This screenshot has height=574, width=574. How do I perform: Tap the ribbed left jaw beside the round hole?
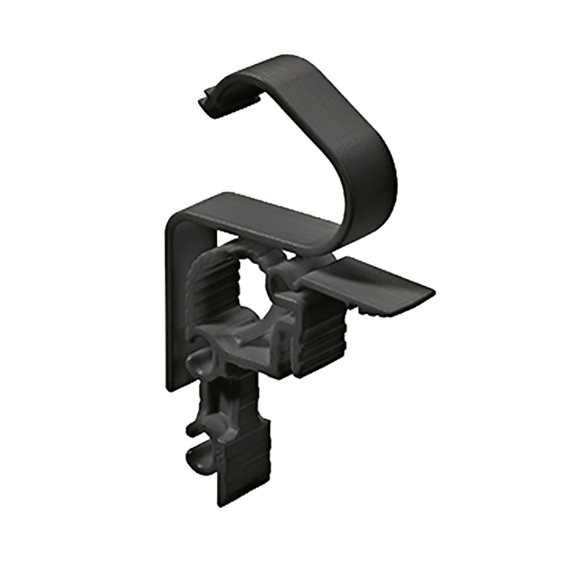[215, 294]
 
